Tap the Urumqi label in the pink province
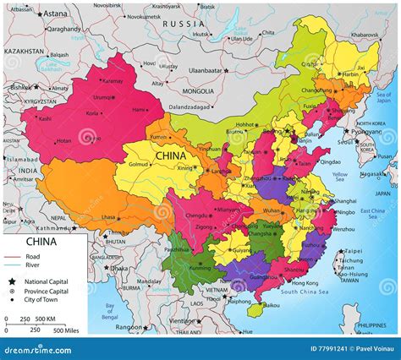(x=102, y=96)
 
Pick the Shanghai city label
(x=344, y=201)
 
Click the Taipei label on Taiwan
(x=352, y=251)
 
